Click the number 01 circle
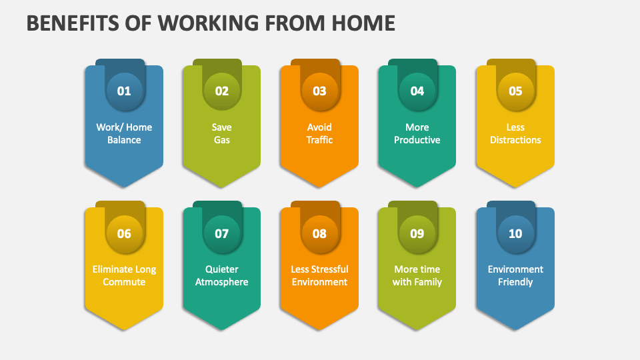tap(124, 91)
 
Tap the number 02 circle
tap(222, 91)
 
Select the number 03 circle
tap(319, 91)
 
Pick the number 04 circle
tap(417, 91)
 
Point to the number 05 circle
tap(515, 91)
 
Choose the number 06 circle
tap(124, 233)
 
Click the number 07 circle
tap(222, 233)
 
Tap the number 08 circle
tap(319, 233)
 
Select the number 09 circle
tap(417, 233)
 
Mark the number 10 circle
tap(515, 233)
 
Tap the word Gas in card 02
tap(222, 140)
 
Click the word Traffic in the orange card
tap(319, 140)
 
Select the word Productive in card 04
tap(417, 140)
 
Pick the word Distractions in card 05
tap(515, 140)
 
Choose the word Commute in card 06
tap(124, 282)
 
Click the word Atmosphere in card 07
tap(222, 282)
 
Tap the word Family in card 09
tap(427, 282)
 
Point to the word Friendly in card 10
tap(515, 282)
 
